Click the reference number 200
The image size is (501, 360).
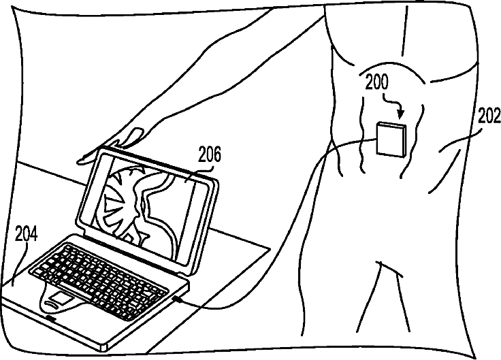click(x=376, y=83)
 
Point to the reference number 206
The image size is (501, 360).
click(x=209, y=156)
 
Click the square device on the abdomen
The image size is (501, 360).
click(x=391, y=140)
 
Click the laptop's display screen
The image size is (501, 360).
click(x=146, y=201)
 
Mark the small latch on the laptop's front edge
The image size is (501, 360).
click(x=52, y=317)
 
